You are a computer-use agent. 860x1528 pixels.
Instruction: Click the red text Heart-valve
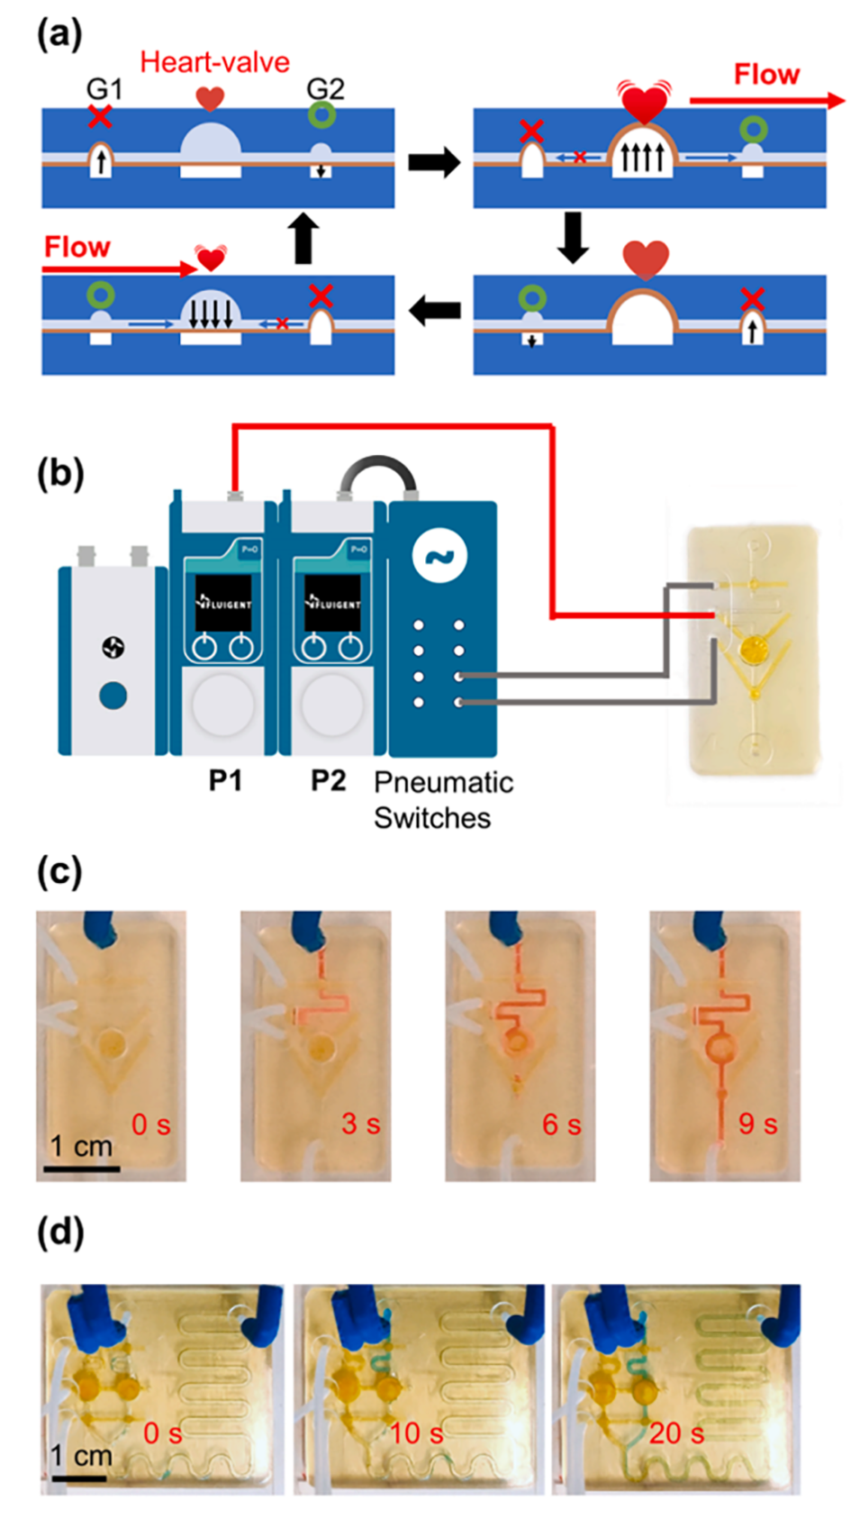(x=214, y=62)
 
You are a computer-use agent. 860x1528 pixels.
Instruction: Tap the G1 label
(x=104, y=89)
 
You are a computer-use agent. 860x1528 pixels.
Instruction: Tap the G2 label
(x=325, y=88)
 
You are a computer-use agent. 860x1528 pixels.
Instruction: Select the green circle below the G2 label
(x=321, y=115)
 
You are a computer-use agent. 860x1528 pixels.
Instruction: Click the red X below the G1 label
(x=100, y=116)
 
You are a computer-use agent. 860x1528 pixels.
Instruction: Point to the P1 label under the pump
(x=225, y=779)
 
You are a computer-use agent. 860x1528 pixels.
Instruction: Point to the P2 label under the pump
(x=328, y=779)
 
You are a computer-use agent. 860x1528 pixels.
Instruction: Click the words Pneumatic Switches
(x=443, y=799)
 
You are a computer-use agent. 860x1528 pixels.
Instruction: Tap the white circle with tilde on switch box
(x=440, y=556)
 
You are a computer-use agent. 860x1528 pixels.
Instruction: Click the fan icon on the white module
(x=113, y=647)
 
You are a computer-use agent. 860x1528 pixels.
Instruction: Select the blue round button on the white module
(x=113, y=695)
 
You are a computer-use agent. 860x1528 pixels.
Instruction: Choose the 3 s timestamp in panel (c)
(x=360, y=1123)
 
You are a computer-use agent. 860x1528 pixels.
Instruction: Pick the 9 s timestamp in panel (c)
(x=757, y=1123)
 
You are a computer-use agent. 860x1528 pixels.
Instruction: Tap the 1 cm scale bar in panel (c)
(x=81, y=1169)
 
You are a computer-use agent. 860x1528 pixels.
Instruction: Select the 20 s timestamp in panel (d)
(x=675, y=1432)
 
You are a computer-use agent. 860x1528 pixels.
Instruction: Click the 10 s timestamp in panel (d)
(x=417, y=1432)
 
